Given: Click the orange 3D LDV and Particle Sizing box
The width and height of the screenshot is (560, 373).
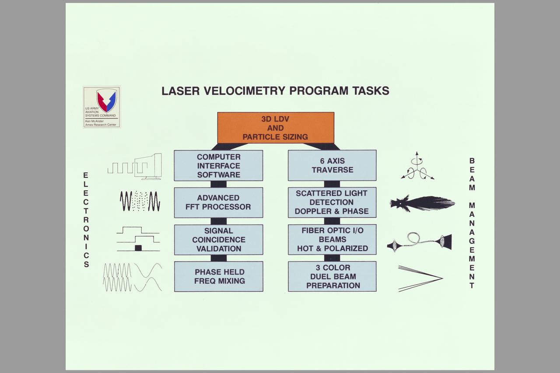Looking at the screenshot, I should (x=276, y=128).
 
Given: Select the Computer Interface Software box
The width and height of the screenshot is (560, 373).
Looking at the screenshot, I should (x=218, y=165).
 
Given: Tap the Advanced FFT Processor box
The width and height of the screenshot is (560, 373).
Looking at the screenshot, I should (x=218, y=202).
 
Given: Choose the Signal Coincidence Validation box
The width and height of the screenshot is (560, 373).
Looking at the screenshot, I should (x=218, y=240).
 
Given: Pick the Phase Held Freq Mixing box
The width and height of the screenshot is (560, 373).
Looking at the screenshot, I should (x=218, y=276).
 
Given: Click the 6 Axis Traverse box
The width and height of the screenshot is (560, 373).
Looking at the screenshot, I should (x=332, y=165).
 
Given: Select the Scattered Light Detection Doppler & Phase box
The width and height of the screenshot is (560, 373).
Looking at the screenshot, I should (x=332, y=202).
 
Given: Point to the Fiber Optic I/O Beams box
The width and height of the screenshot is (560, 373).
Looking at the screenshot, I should (x=332, y=240).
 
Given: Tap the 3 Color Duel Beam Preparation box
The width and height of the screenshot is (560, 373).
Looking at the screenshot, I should (x=332, y=276).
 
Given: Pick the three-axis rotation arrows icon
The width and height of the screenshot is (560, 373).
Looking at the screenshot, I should (x=417, y=167).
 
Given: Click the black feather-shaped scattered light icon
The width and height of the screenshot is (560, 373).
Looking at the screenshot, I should (x=422, y=203).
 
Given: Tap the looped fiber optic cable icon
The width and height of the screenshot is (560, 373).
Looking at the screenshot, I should (x=419, y=242).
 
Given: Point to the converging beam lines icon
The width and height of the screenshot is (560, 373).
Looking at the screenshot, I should (x=420, y=278).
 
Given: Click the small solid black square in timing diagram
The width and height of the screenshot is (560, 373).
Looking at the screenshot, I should (x=138, y=248).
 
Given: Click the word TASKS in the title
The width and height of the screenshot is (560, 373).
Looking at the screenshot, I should (x=370, y=91).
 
